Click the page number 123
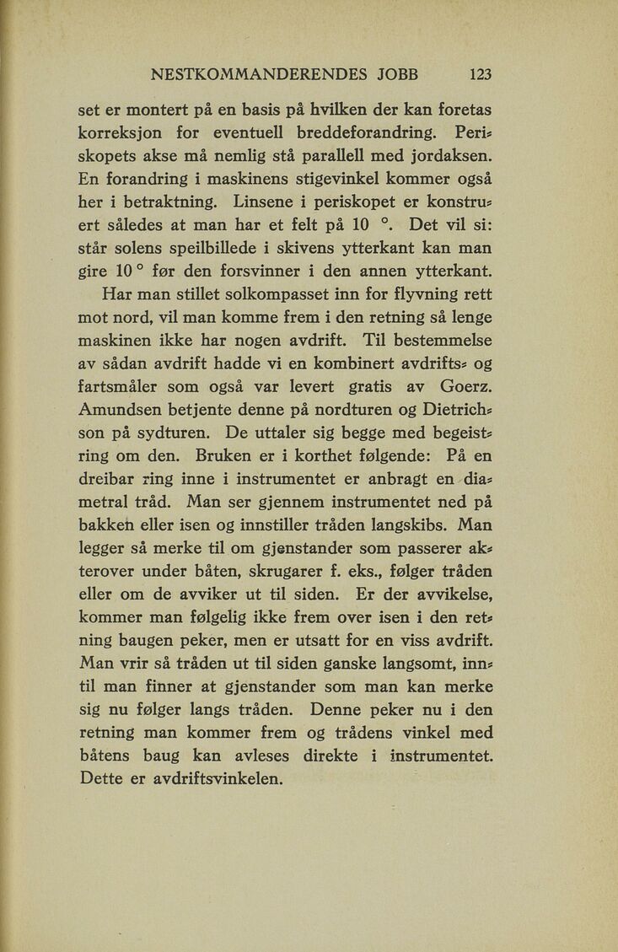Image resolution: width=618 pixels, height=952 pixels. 481,74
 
